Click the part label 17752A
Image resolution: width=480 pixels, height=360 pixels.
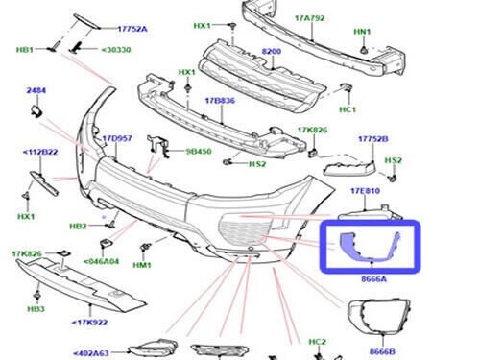132,29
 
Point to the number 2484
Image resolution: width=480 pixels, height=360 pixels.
36,90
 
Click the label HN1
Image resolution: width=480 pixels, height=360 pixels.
362,33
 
